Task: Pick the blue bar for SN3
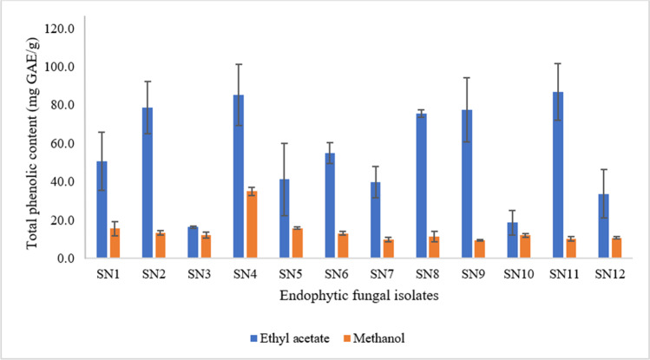click(x=193, y=243)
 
